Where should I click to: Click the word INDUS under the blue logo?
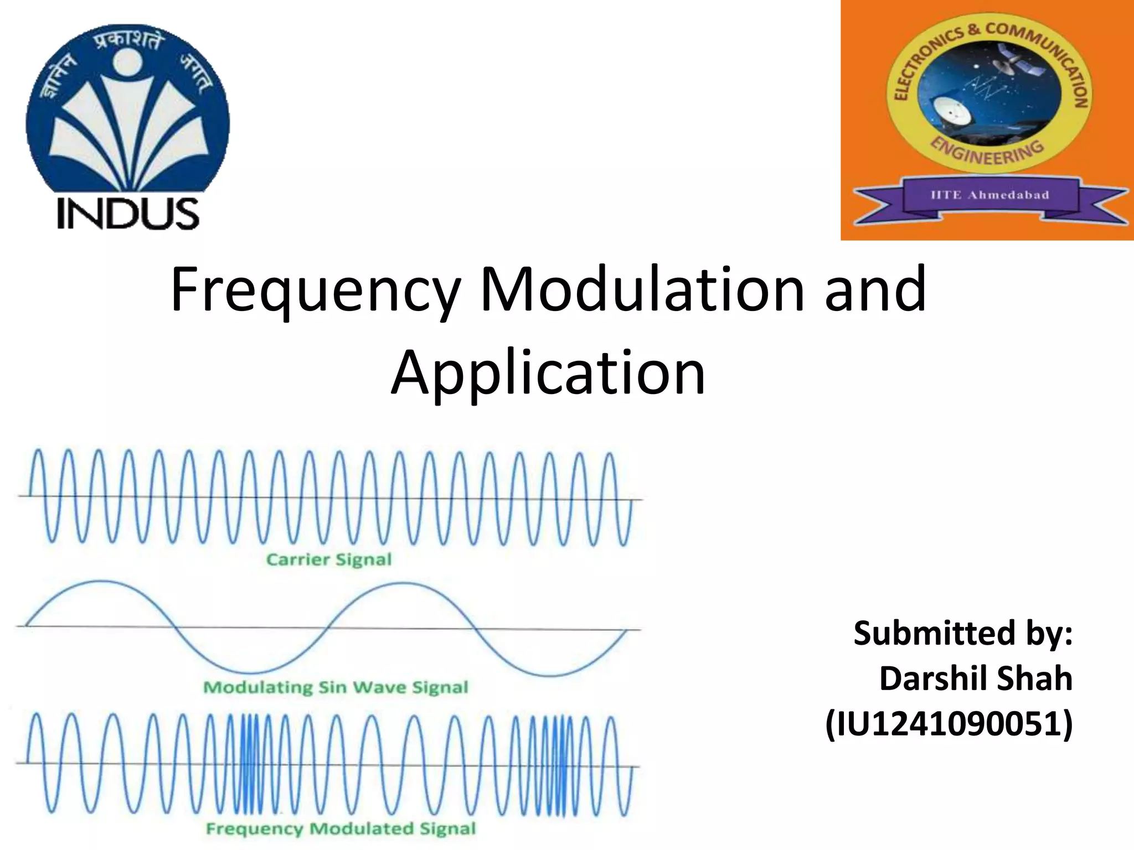click(128, 214)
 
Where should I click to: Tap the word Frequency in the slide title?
click(315, 290)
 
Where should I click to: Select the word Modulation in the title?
click(642, 289)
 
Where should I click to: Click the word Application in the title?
click(548, 372)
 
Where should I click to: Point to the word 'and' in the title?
click(875, 289)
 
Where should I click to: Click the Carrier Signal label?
click(329, 559)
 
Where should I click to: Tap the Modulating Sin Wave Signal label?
click(336, 687)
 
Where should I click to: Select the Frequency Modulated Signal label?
click(341, 828)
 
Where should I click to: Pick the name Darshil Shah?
click(976, 678)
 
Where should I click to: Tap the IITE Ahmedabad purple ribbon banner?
click(989, 195)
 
